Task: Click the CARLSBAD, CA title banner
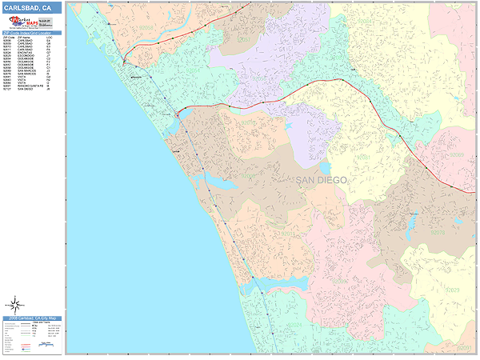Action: click(x=32, y=8)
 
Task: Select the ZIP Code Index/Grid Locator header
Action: click(x=32, y=33)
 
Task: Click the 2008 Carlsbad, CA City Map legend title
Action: click(x=32, y=318)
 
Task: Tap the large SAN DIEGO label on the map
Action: click(x=322, y=180)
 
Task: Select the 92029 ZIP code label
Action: click(x=453, y=289)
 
